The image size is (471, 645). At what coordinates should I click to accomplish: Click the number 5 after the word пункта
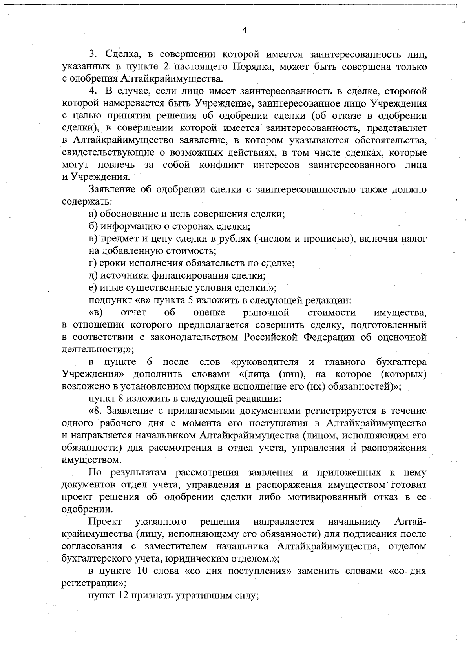190,301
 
